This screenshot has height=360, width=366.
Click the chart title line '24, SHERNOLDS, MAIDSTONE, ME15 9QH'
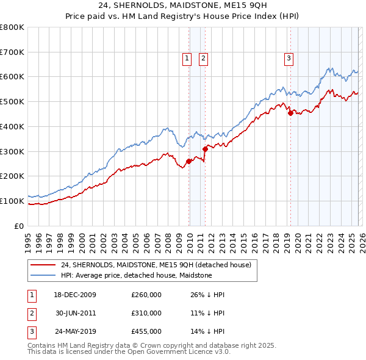[x=182, y=7]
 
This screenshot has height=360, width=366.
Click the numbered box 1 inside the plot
[x=186, y=59]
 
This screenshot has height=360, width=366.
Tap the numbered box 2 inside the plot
[x=203, y=59]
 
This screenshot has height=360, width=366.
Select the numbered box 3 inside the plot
[x=288, y=59]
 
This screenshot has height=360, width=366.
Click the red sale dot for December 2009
[x=188, y=161]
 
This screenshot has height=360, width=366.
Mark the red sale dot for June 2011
[x=205, y=149]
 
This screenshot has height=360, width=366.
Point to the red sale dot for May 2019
[x=290, y=113]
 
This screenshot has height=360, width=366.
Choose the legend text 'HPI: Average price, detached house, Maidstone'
[x=136, y=275]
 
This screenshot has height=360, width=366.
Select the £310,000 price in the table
[x=146, y=313]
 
